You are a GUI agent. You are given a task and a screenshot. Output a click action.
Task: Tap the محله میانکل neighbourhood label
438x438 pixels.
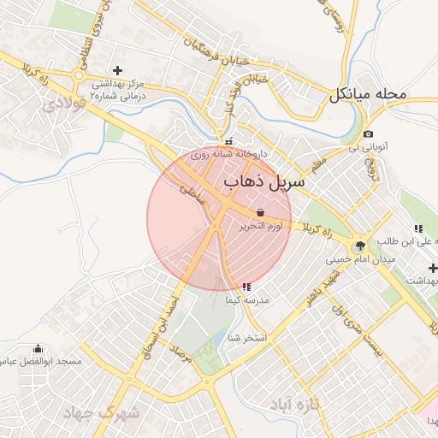[x=377, y=94]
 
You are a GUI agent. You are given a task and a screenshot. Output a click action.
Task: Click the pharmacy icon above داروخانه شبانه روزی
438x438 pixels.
[x=228, y=142]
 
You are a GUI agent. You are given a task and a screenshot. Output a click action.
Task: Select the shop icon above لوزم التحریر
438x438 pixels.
[x=260, y=211]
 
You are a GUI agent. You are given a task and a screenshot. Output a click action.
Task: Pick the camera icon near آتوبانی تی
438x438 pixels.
[x=368, y=133]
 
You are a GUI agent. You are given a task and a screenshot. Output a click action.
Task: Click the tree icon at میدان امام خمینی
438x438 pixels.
[x=360, y=246]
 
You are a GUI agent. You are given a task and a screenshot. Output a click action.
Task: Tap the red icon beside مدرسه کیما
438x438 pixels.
[x=246, y=287]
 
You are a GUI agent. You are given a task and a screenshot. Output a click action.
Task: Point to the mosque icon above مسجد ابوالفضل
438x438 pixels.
[x=37, y=348]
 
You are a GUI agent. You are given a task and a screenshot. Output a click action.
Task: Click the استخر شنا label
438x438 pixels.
[x=248, y=338]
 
